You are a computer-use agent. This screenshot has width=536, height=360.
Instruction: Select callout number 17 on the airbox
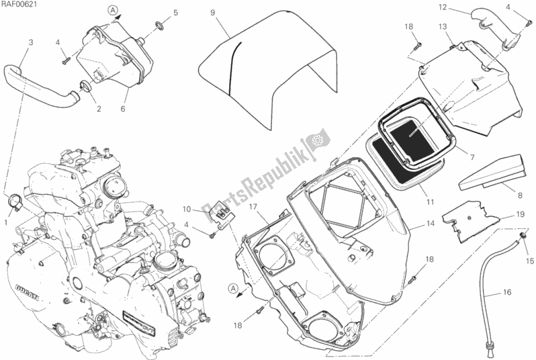(255, 208)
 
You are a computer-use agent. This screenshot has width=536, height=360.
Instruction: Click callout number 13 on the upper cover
(443, 26)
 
